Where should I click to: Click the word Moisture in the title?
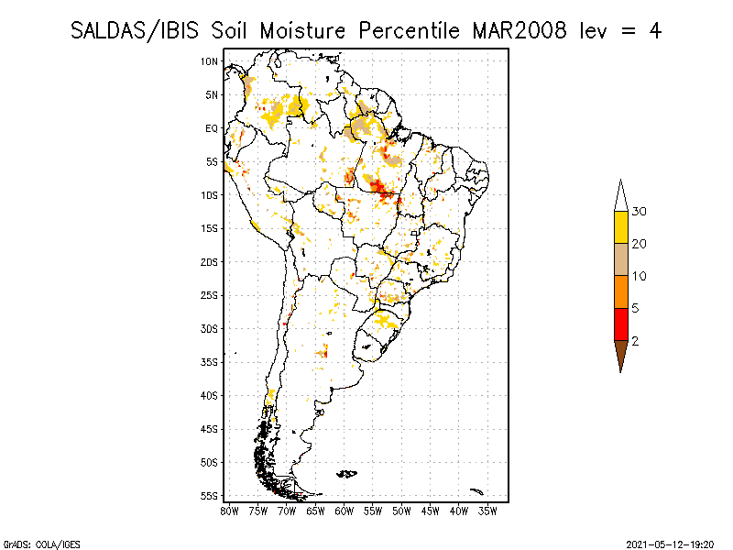302,31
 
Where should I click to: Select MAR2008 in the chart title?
520,31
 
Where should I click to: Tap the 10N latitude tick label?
210,61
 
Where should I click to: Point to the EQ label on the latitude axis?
212,128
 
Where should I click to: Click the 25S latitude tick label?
210,295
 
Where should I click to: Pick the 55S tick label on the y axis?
210,496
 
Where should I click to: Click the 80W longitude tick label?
229,511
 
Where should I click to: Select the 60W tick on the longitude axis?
345,511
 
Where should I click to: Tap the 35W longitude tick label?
487,511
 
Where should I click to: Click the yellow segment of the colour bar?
621,227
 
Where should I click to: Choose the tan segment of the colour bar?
621,259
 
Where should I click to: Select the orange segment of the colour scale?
621,291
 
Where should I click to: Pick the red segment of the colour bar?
621,324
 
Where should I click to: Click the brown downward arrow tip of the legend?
621,355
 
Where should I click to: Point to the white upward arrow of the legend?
621,197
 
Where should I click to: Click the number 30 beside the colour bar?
639,212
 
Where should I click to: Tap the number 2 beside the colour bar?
635,341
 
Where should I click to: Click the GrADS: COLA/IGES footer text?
41,544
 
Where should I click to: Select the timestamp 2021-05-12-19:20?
670,544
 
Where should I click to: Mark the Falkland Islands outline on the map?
347,474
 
